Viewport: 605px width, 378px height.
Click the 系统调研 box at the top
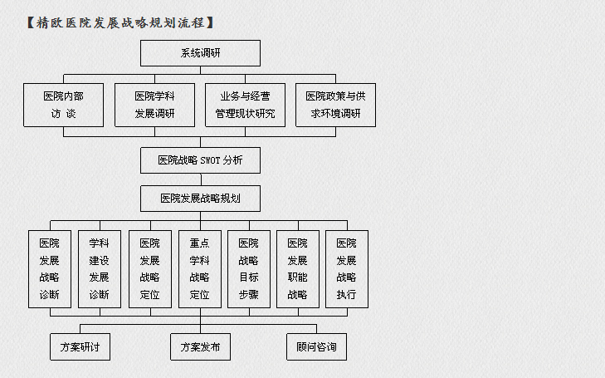(x=200, y=53)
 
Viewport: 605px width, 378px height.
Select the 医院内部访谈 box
(x=63, y=105)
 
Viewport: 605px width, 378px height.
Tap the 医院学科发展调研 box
(x=154, y=105)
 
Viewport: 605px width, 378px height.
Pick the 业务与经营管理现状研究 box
(x=245, y=105)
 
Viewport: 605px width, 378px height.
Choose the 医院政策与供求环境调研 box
(x=335, y=105)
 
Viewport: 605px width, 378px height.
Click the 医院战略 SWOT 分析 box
(x=200, y=160)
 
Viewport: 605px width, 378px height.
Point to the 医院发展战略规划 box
(x=200, y=199)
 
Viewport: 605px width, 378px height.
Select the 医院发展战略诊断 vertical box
(x=50, y=269)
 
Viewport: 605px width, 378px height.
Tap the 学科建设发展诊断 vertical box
(x=100, y=269)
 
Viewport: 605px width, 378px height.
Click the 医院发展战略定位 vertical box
(x=150, y=269)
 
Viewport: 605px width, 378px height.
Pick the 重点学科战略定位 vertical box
(x=200, y=269)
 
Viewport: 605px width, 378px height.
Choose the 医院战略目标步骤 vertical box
(x=249, y=269)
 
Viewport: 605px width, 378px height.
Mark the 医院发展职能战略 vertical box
(x=298, y=269)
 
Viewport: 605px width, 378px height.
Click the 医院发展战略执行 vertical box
(x=347, y=269)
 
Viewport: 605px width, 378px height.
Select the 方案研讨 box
(x=80, y=346)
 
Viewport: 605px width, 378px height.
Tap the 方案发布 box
(x=200, y=346)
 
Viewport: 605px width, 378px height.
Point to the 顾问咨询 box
(x=316, y=346)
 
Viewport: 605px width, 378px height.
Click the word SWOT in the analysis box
(x=210, y=160)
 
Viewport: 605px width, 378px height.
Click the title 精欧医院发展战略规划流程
(x=120, y=22)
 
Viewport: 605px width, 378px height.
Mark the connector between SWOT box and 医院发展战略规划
(x=201, y=179)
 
